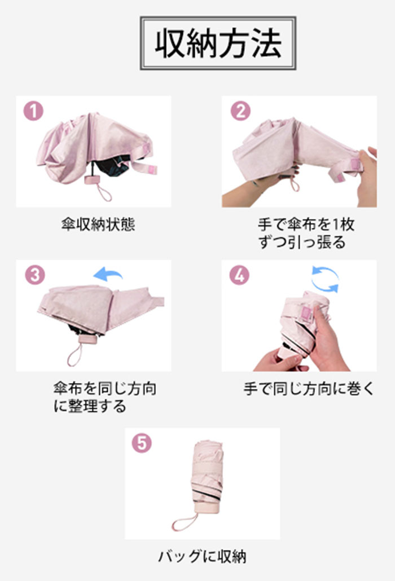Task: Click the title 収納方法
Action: point(218,43)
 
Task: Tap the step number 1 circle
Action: point(33,111)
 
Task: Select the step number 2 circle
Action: point(240,111)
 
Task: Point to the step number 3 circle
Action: point(34,275)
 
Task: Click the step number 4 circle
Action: point(239,275)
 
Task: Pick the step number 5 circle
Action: point(142,443)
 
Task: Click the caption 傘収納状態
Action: point(98,225)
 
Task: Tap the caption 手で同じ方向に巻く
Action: point(308,389)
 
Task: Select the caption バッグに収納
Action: point(203,557)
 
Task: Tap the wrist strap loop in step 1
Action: point(104,192)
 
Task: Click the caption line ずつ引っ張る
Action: point(302,243)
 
